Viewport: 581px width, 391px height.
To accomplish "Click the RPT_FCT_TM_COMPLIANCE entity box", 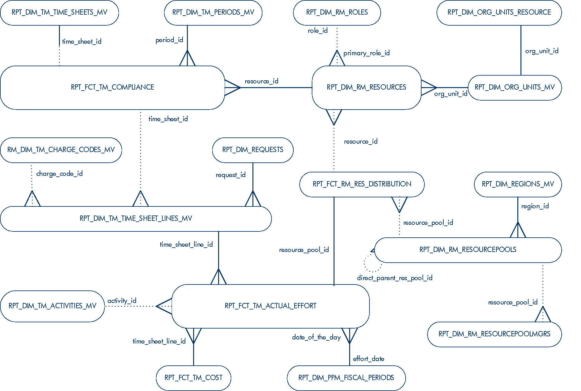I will click(x=112, y=87).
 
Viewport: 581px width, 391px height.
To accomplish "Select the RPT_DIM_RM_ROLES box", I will click(x=337, y=12).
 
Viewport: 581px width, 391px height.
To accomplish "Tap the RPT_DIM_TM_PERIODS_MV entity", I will click(x=213, y=12).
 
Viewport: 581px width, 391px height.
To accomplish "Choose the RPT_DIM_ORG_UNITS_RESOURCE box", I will click(x=499, y=12).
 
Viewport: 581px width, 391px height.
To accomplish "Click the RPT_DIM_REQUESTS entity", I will click(x=253, y=150).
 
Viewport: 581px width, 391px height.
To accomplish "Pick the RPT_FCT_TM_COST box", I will click(x=193, y=378).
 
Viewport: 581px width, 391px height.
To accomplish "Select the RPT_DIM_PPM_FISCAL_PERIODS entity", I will click(x=346, y=378).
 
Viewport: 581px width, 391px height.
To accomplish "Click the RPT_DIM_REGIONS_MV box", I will click(x=518, y=184).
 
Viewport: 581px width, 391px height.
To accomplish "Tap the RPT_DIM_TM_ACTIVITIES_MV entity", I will click(x=52, y=306).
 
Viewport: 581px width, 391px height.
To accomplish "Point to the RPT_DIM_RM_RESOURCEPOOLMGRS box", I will click(x=495, y=334).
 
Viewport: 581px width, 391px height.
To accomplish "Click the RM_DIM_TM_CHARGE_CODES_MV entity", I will click(x=61, y=150).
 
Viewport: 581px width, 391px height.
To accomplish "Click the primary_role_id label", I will click(x=367, y=53).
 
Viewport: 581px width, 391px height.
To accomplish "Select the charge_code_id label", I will click(x=60, y=174).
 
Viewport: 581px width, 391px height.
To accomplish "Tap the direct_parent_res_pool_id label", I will click(x=395, y=278).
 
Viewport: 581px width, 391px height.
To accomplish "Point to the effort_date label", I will click(x=369, y=359).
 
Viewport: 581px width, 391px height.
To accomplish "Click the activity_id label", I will click(x=122, y=301).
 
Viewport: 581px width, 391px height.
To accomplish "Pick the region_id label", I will click(x=535, y=206).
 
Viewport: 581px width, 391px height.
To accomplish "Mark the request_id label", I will click(x=231, y=175).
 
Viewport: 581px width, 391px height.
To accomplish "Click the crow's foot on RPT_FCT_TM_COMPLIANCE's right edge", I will click(x=232, y=87).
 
